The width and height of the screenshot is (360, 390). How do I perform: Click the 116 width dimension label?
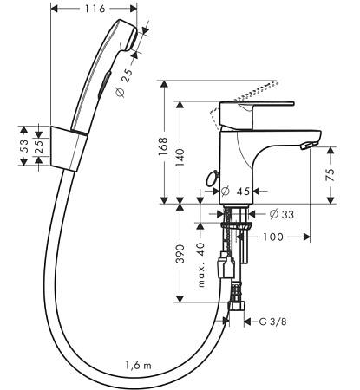(x=95, y=9)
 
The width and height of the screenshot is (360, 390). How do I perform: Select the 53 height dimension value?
(x=23, y=146)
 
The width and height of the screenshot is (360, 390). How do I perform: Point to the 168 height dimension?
(x=163, y=146)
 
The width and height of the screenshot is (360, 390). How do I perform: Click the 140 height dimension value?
(x=180, y=157)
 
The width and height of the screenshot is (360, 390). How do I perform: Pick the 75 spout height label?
(x=330, y=175)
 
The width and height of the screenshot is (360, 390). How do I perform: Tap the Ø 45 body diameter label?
(x=235, y=191)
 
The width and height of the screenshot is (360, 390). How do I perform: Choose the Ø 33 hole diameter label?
(x=281, y=214)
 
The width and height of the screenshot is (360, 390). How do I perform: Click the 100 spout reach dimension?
(x=273, y=237)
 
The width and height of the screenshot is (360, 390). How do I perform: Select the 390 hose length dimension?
(x=180, y=254)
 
